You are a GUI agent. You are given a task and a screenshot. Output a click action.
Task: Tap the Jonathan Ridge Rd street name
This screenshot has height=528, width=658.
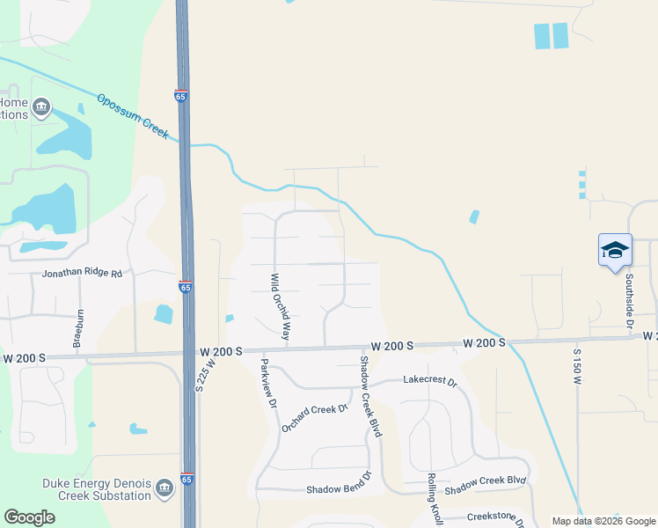[x=82, y=274]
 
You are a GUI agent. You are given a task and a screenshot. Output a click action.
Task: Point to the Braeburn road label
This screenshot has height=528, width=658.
[x=79, y=326]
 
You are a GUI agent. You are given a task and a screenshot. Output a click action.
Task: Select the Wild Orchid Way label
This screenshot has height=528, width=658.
[x=280, y=306]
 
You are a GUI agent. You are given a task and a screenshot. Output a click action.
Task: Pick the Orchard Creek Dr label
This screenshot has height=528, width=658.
[x=315, y=417]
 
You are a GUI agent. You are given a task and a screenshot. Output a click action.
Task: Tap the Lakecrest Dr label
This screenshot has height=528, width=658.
[x=430, y=382]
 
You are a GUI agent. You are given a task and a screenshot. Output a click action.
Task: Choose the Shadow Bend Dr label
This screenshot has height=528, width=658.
[x=340, y=488]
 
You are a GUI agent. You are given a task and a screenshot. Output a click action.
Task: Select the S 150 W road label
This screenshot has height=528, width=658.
[x=578, y=363]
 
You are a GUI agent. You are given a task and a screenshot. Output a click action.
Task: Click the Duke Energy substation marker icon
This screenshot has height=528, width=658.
[x=164, y=488]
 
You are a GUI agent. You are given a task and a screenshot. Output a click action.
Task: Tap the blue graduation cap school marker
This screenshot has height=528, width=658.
[x=615, y=250]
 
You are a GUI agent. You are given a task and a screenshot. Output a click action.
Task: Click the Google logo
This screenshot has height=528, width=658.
[x=29, y=517]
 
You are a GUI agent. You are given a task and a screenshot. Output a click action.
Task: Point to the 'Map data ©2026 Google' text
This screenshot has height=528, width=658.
[x=603, y=521]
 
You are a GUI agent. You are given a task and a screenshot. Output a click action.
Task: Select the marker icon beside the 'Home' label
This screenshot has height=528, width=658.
[x=40, y=108]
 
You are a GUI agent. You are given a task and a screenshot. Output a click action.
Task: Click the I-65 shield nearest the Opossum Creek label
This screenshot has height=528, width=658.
[x=181, y=96]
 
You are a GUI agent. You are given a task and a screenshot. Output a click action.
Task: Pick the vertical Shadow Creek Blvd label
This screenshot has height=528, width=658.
[x=370, y=397]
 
